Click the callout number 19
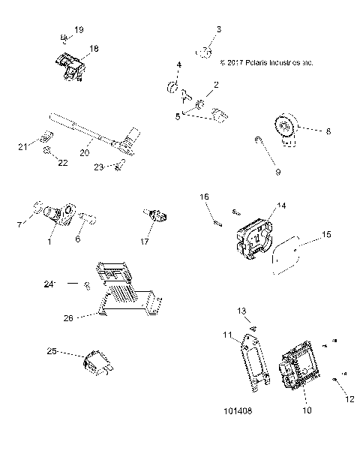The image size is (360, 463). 79,30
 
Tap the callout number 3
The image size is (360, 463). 219,29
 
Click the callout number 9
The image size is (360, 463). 277,172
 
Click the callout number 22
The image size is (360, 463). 62,162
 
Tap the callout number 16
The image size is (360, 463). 203,197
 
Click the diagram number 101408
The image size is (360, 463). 238,412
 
